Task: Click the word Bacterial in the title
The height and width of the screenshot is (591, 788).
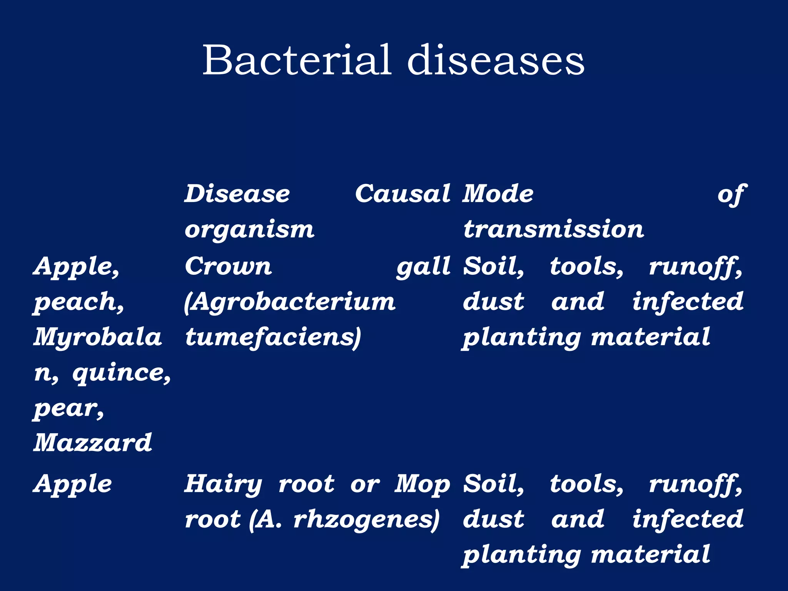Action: tap(297, 60)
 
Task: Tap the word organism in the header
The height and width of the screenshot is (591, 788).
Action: tap(249, 230)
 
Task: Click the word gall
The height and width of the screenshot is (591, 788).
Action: tap(424, 267)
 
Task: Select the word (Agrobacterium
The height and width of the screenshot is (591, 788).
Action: tap(290, 302)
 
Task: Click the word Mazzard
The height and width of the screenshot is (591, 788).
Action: tap(93, 442)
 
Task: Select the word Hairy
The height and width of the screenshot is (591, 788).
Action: tap(223, 484)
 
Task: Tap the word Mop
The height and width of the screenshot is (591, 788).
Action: tap(422, 484)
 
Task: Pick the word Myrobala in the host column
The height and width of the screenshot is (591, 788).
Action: tap(98, 337)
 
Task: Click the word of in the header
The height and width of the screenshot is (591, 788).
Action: tap(732, 194)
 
